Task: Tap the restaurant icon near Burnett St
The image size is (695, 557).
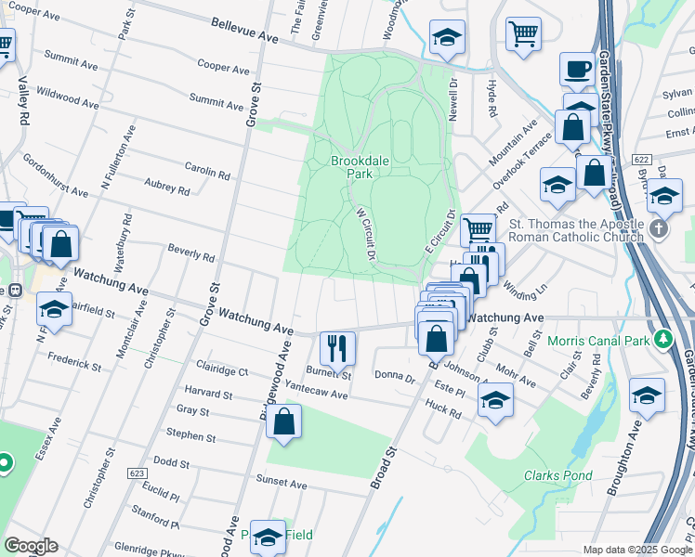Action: [337, 348]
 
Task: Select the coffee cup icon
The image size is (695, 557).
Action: [577, 69]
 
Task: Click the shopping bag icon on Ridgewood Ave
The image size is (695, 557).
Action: [283, 421]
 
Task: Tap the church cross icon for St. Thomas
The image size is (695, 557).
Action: [658, 228]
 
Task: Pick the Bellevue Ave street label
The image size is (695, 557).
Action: [244, 31]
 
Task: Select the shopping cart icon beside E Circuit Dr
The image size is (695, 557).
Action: [478, 227]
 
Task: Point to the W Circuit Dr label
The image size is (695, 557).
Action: [365, 233]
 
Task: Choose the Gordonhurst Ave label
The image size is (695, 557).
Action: [56, 175]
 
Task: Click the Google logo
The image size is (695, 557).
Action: [31, 546]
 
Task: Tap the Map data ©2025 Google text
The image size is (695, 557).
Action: [636, 550]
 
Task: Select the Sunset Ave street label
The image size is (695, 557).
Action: [282, 484]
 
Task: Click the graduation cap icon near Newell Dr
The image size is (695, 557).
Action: [447, 37]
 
